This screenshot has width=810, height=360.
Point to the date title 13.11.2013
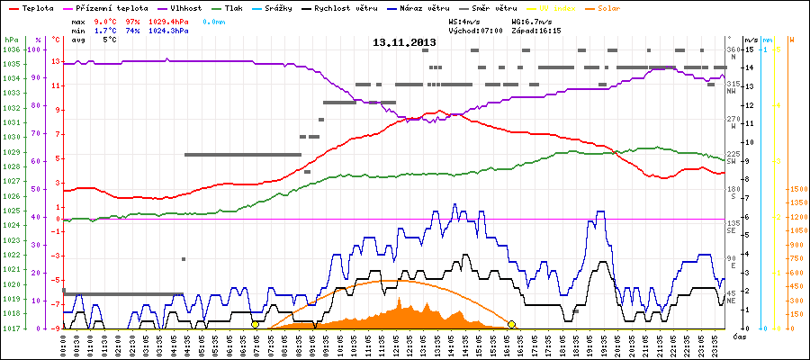[x=404, y=42]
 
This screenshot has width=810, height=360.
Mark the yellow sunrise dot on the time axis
[x=256, y=324]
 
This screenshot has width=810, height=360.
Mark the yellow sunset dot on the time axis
[x=511, y=324]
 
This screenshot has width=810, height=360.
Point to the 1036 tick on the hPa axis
[x=10, y=49]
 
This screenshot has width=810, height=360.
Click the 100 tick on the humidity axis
[x=36, y=49]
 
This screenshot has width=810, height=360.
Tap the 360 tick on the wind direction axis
[x=733, y=49]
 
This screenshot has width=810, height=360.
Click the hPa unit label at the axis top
[x=10, y=40]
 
